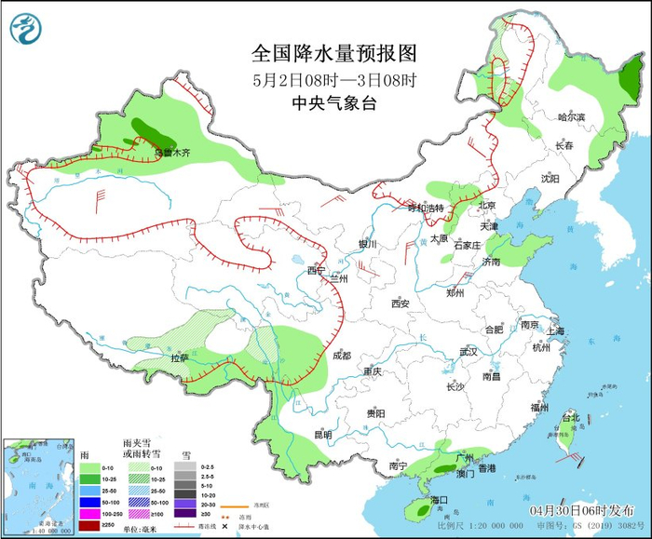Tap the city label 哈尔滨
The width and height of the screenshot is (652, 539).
(x=571, y=117)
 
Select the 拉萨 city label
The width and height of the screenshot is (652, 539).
(x=179, y=357)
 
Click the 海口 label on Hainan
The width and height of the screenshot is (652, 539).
(x=439, y=500)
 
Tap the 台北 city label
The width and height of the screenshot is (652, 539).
(x=570, y=418)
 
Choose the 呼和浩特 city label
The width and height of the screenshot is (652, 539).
(x=428, y=207)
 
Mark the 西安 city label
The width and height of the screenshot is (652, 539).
(x=401, y=303)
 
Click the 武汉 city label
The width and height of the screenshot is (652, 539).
(x=468, y=352)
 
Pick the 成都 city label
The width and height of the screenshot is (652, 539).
(x=341, y=355)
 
